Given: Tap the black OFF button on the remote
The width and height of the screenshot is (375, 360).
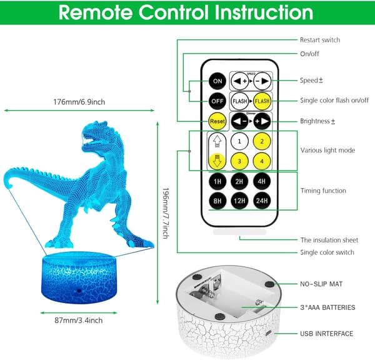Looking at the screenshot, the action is (x=217, y=101).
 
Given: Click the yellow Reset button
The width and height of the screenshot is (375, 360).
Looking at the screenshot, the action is (x=217, y=121).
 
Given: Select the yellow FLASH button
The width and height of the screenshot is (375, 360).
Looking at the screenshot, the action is (x=262, y=101).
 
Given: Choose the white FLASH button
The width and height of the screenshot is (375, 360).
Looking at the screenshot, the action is (x=239, y=101).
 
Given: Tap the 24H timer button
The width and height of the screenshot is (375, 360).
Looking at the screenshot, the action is (x=262, y=201).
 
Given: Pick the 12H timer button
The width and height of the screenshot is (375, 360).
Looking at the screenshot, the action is (x=239, y=201).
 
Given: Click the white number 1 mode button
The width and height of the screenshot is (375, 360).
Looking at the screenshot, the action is (x=239, y=141).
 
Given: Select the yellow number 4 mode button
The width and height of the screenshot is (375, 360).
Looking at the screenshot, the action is (x=262, y=161).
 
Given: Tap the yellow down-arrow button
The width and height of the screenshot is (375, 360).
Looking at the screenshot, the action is (x=217, y=161).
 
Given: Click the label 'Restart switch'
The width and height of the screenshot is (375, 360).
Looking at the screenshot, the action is (x=320, y=40).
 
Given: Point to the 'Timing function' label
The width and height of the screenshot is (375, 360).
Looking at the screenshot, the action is (x=323, y=191).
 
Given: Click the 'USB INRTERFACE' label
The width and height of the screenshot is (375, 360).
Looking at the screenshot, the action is (x=326, y=334).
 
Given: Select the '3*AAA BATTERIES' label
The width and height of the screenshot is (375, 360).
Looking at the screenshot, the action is (x=327, y=307).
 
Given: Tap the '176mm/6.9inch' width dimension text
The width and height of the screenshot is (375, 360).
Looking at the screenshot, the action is (x=79, y=102).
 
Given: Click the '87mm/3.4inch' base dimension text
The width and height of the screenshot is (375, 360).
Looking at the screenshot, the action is (x=79, y=320).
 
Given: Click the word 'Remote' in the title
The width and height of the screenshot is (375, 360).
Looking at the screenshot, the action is (x=96, y=12).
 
